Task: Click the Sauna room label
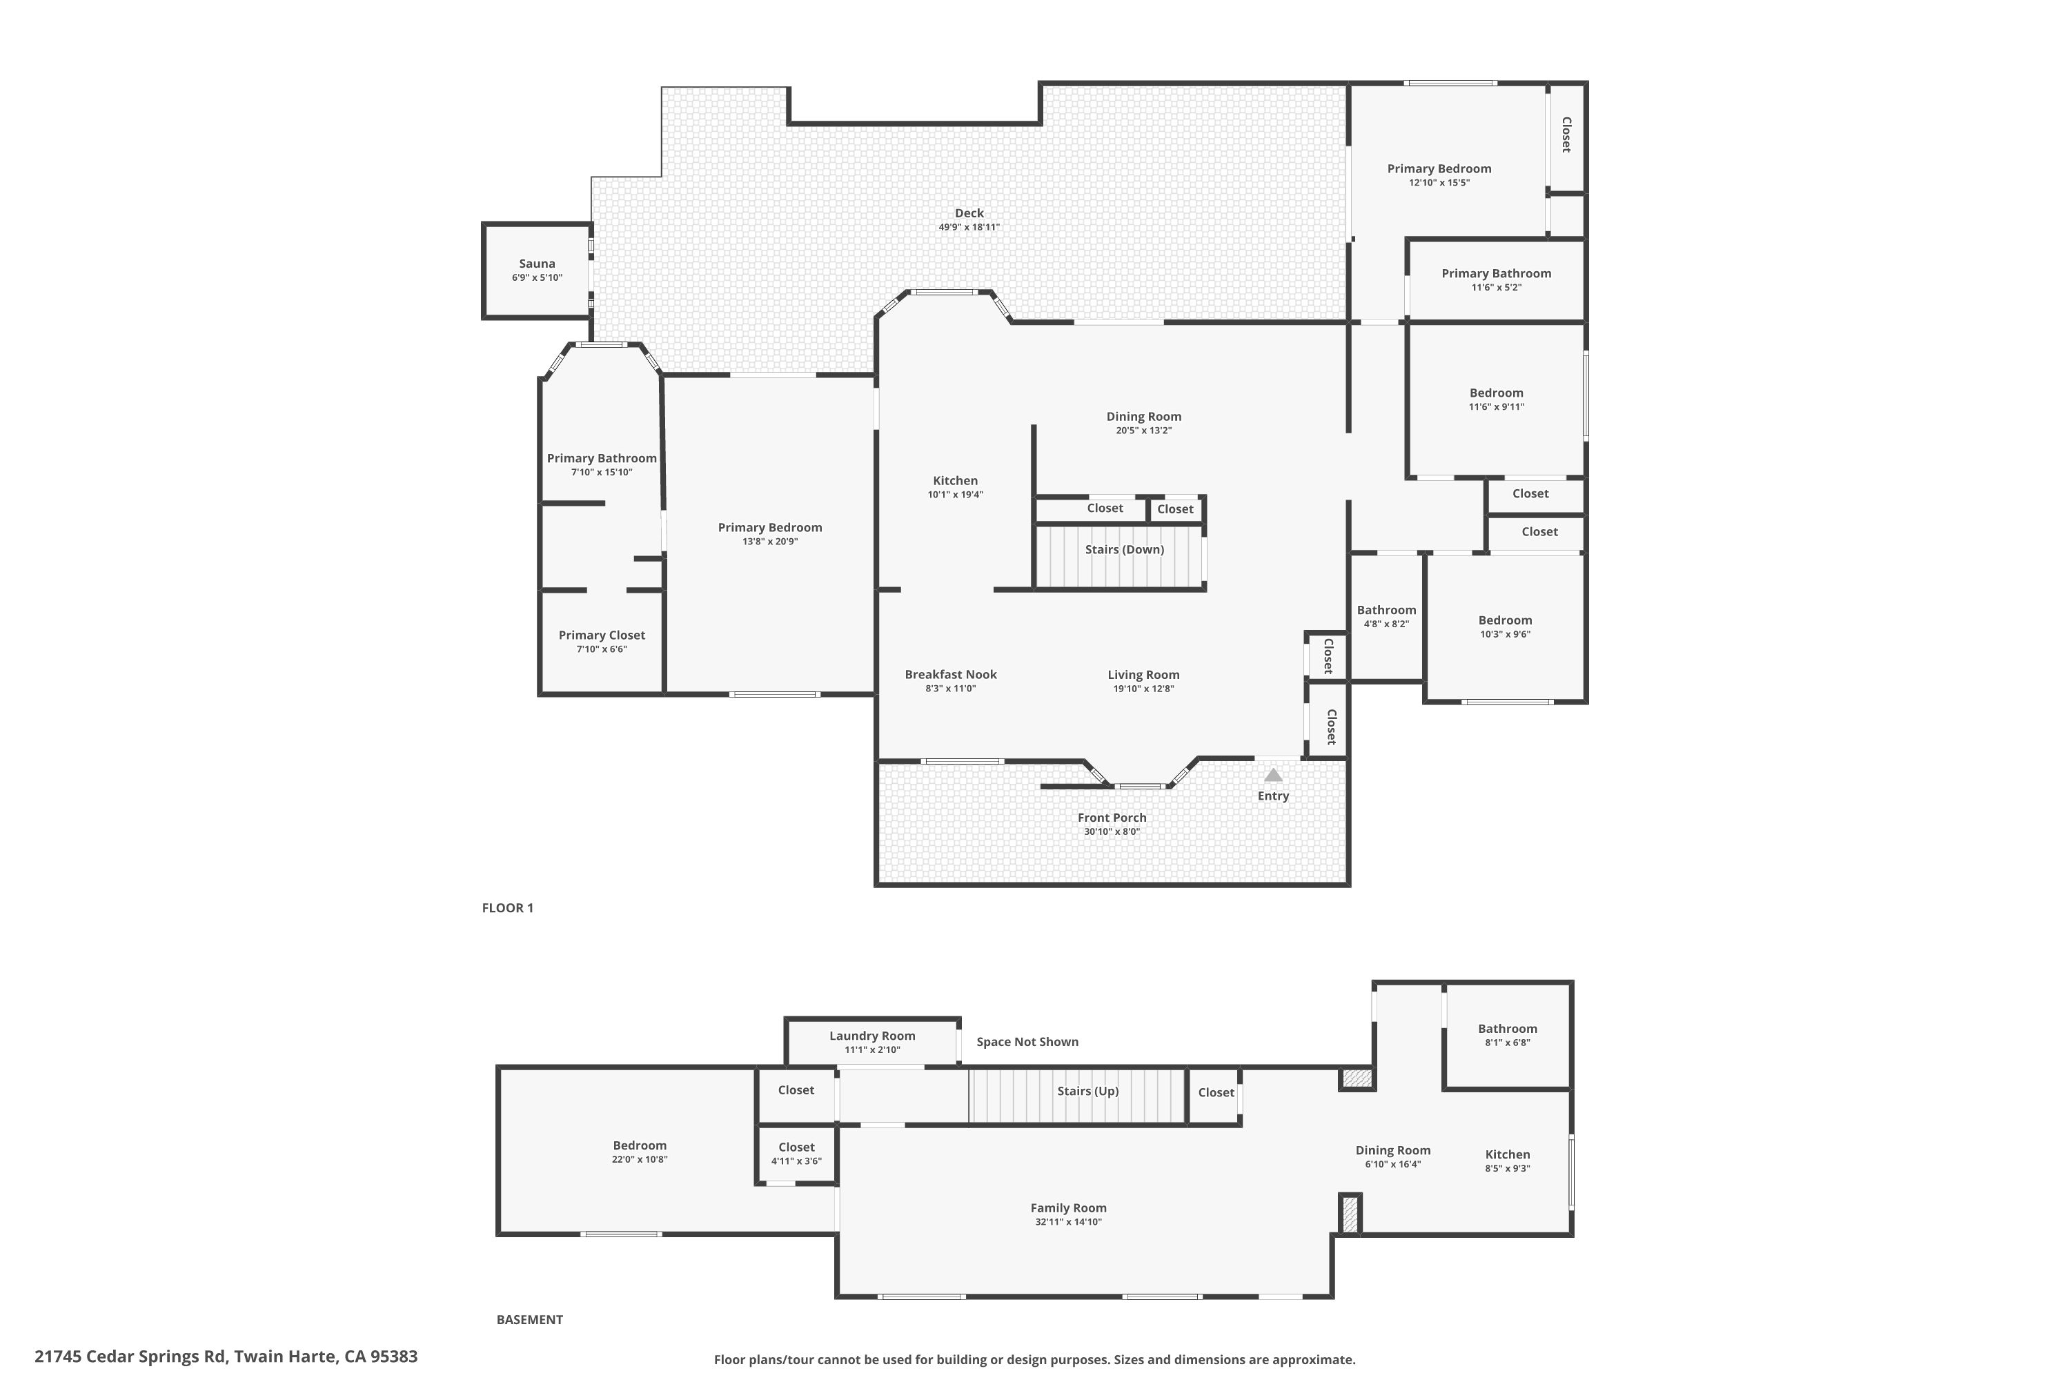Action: (x=537, y=263)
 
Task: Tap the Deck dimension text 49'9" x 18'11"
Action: (x=969, y=227)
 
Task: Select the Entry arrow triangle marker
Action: (x=1272, y=774)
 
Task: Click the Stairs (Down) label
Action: (x=1124, y=549)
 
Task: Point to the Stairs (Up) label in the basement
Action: (x=1088, y=1090)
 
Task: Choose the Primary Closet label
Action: (x=601, y=635)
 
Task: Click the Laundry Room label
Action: (x=871, y=1035)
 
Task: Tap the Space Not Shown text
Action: (x=1027, y=1041)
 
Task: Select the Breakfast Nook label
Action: (x=951, y=674)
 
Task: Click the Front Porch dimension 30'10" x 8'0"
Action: (x=1112, y=831)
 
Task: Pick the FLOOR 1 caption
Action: (x=507, y=907)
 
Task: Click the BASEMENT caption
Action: (x=529, y=1319)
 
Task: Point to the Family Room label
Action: (x=1068, y=1207)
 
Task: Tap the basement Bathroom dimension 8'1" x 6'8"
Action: (x=1507, y=1043)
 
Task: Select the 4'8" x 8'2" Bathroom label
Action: (x=1386, y=610)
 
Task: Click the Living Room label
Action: (x=1143, y=674)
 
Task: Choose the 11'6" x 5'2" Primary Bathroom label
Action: (x=1495, y=273)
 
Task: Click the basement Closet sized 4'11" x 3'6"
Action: (x=796, y=1147)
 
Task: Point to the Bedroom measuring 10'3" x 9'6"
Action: (x=1504, y=620)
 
